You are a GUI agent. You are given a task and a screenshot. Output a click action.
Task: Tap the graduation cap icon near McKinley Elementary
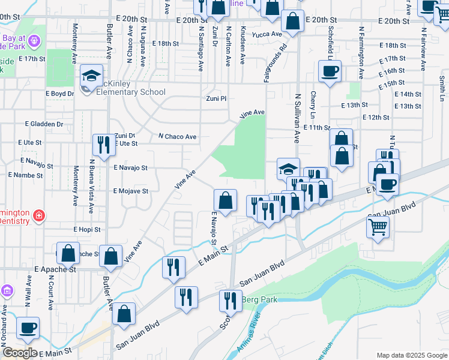tap(91, 76)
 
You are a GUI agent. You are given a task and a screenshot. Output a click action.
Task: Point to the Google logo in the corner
tap(19, 353)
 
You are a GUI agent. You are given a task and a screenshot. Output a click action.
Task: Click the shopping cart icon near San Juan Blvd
tap(378, 227)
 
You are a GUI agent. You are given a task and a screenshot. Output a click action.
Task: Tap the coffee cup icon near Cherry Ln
tap(330, 71)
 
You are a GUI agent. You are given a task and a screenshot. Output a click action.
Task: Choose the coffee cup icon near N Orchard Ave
tap(28, 328)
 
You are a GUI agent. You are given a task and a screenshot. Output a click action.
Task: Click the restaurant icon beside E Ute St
tap(104, 145)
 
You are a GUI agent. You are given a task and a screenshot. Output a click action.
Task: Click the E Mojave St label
tap(131, 191)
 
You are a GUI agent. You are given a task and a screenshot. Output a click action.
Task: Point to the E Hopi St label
tap(87, 229)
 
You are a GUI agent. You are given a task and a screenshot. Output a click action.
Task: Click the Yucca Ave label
tap(267, 34)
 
